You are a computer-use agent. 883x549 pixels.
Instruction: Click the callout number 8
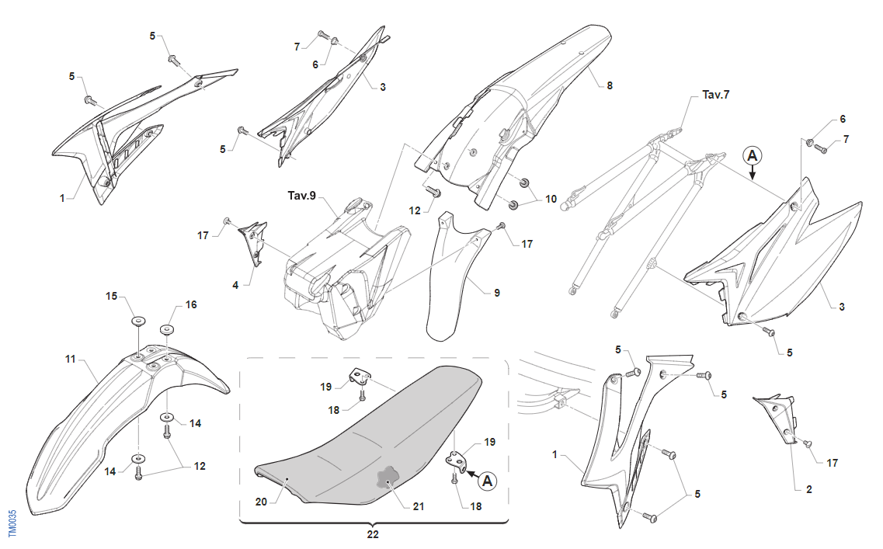[x=610, y=85]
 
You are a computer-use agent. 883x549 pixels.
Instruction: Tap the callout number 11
[x=71, y=360]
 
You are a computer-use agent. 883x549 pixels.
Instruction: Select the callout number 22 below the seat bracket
[x=373, y=534]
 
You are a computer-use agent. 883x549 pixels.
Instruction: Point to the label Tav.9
[x=302, y=196]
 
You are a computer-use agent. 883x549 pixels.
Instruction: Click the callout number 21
[x=419, y=506]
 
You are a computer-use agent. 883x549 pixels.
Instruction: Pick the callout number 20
[x=261, y=502]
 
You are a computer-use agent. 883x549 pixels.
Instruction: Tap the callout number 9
[x=497, y=293]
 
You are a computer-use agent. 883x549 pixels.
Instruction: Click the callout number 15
[x=111, y=296]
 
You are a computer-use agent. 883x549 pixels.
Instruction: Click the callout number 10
[x=551, y=199]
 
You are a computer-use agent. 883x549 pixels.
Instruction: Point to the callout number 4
[x=235, y=285]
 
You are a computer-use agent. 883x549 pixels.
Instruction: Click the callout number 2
[x=808, y=489]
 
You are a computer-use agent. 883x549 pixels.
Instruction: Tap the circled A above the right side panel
[x=752, y=155]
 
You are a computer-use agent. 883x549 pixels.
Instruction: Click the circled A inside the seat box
[x=488, y=481]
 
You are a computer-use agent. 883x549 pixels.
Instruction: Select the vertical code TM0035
[x=12, y=523]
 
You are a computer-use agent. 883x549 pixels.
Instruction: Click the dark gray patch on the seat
[x=388, y=478]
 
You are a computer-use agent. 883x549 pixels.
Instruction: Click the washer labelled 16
[x=166, y=329]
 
